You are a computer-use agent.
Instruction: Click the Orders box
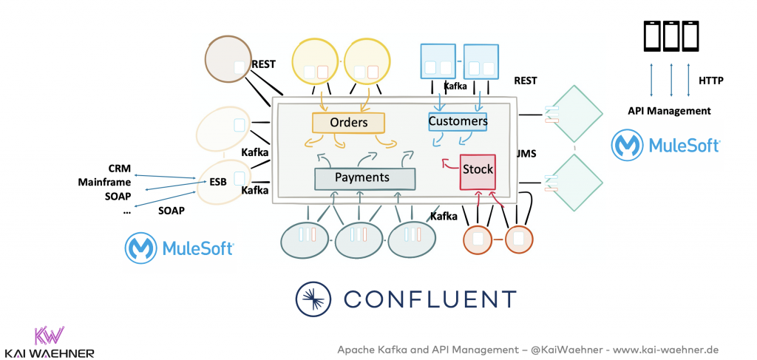(349, 123)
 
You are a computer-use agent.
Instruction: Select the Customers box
(458, 121)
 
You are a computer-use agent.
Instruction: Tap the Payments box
(362, 178)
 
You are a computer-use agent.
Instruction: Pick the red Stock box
(478, 170)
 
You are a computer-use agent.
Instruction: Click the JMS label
(526, 153)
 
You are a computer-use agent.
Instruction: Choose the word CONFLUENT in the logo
(430, 299)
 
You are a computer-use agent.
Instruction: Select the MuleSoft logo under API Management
(665, 145)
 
